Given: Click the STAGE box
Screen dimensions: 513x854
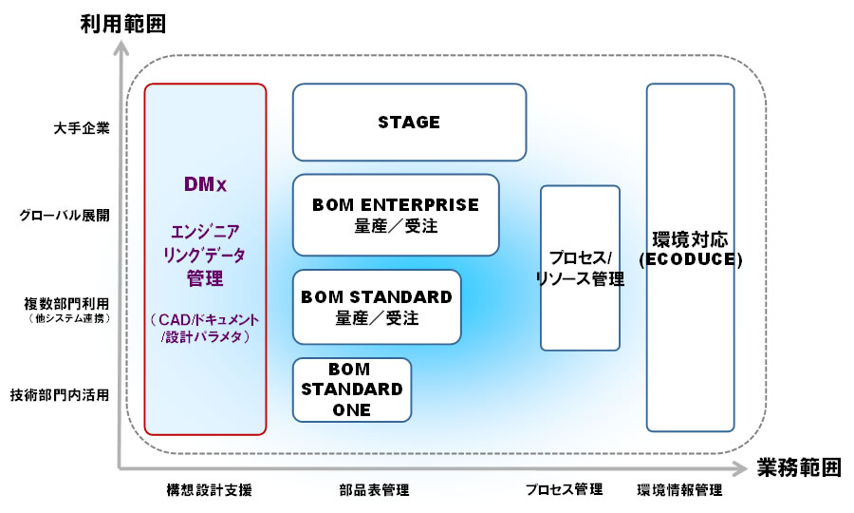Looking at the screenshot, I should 409,122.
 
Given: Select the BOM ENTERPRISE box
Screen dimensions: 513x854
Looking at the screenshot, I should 396,215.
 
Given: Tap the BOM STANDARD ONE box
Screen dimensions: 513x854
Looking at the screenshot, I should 352,389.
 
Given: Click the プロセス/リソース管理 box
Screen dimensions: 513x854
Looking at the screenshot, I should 580,268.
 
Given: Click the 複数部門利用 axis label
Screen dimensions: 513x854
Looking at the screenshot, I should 66,304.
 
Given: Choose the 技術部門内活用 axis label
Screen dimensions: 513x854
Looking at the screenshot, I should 59,394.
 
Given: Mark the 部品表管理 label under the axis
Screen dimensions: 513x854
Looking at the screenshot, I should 373,490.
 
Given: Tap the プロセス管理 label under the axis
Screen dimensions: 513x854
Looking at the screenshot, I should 564,490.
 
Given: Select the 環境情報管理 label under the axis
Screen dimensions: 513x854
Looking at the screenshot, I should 679,490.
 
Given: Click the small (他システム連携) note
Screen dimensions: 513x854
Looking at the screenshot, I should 68,318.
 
